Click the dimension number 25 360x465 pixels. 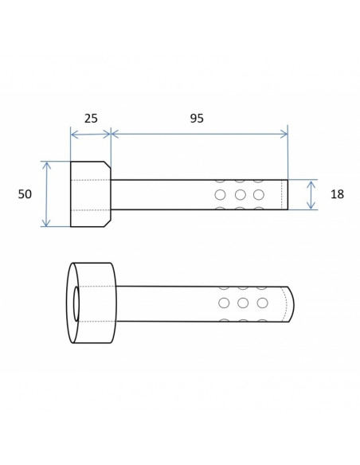91,119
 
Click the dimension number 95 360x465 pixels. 197,119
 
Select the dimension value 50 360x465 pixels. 25,194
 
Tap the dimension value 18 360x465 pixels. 337,194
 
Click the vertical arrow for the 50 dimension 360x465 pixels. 46,194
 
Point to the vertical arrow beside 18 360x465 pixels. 311,195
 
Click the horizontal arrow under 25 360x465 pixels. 91,135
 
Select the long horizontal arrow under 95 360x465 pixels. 199,134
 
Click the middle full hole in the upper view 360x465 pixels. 240,195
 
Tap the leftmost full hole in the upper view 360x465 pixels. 220,195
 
